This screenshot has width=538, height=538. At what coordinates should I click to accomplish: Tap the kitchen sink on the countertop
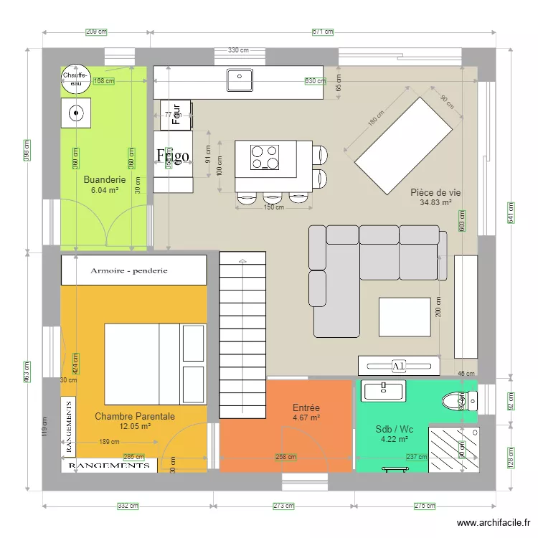click(x=240, y=80)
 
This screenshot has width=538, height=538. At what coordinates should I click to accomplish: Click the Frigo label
click(x=173, y=156)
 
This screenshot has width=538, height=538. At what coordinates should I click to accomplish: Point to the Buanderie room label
click(x=105, y=180)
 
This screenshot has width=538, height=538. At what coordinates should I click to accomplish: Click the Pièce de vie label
click(x=435, y=192)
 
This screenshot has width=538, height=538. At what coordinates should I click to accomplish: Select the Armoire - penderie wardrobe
click(x=134, y=270)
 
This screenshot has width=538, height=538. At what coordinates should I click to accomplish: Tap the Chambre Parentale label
click(x=135, y=415)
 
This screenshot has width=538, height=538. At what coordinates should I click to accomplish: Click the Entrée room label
click(x=306, y=407)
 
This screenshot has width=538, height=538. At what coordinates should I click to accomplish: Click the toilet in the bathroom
click(x=455, y=400)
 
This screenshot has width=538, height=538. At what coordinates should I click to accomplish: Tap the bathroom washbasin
click(x=384, y=390)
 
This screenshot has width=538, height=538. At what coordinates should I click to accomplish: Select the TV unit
click(x=398, y=366)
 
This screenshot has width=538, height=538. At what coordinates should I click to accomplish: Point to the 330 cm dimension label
click(x=239, y=50)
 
